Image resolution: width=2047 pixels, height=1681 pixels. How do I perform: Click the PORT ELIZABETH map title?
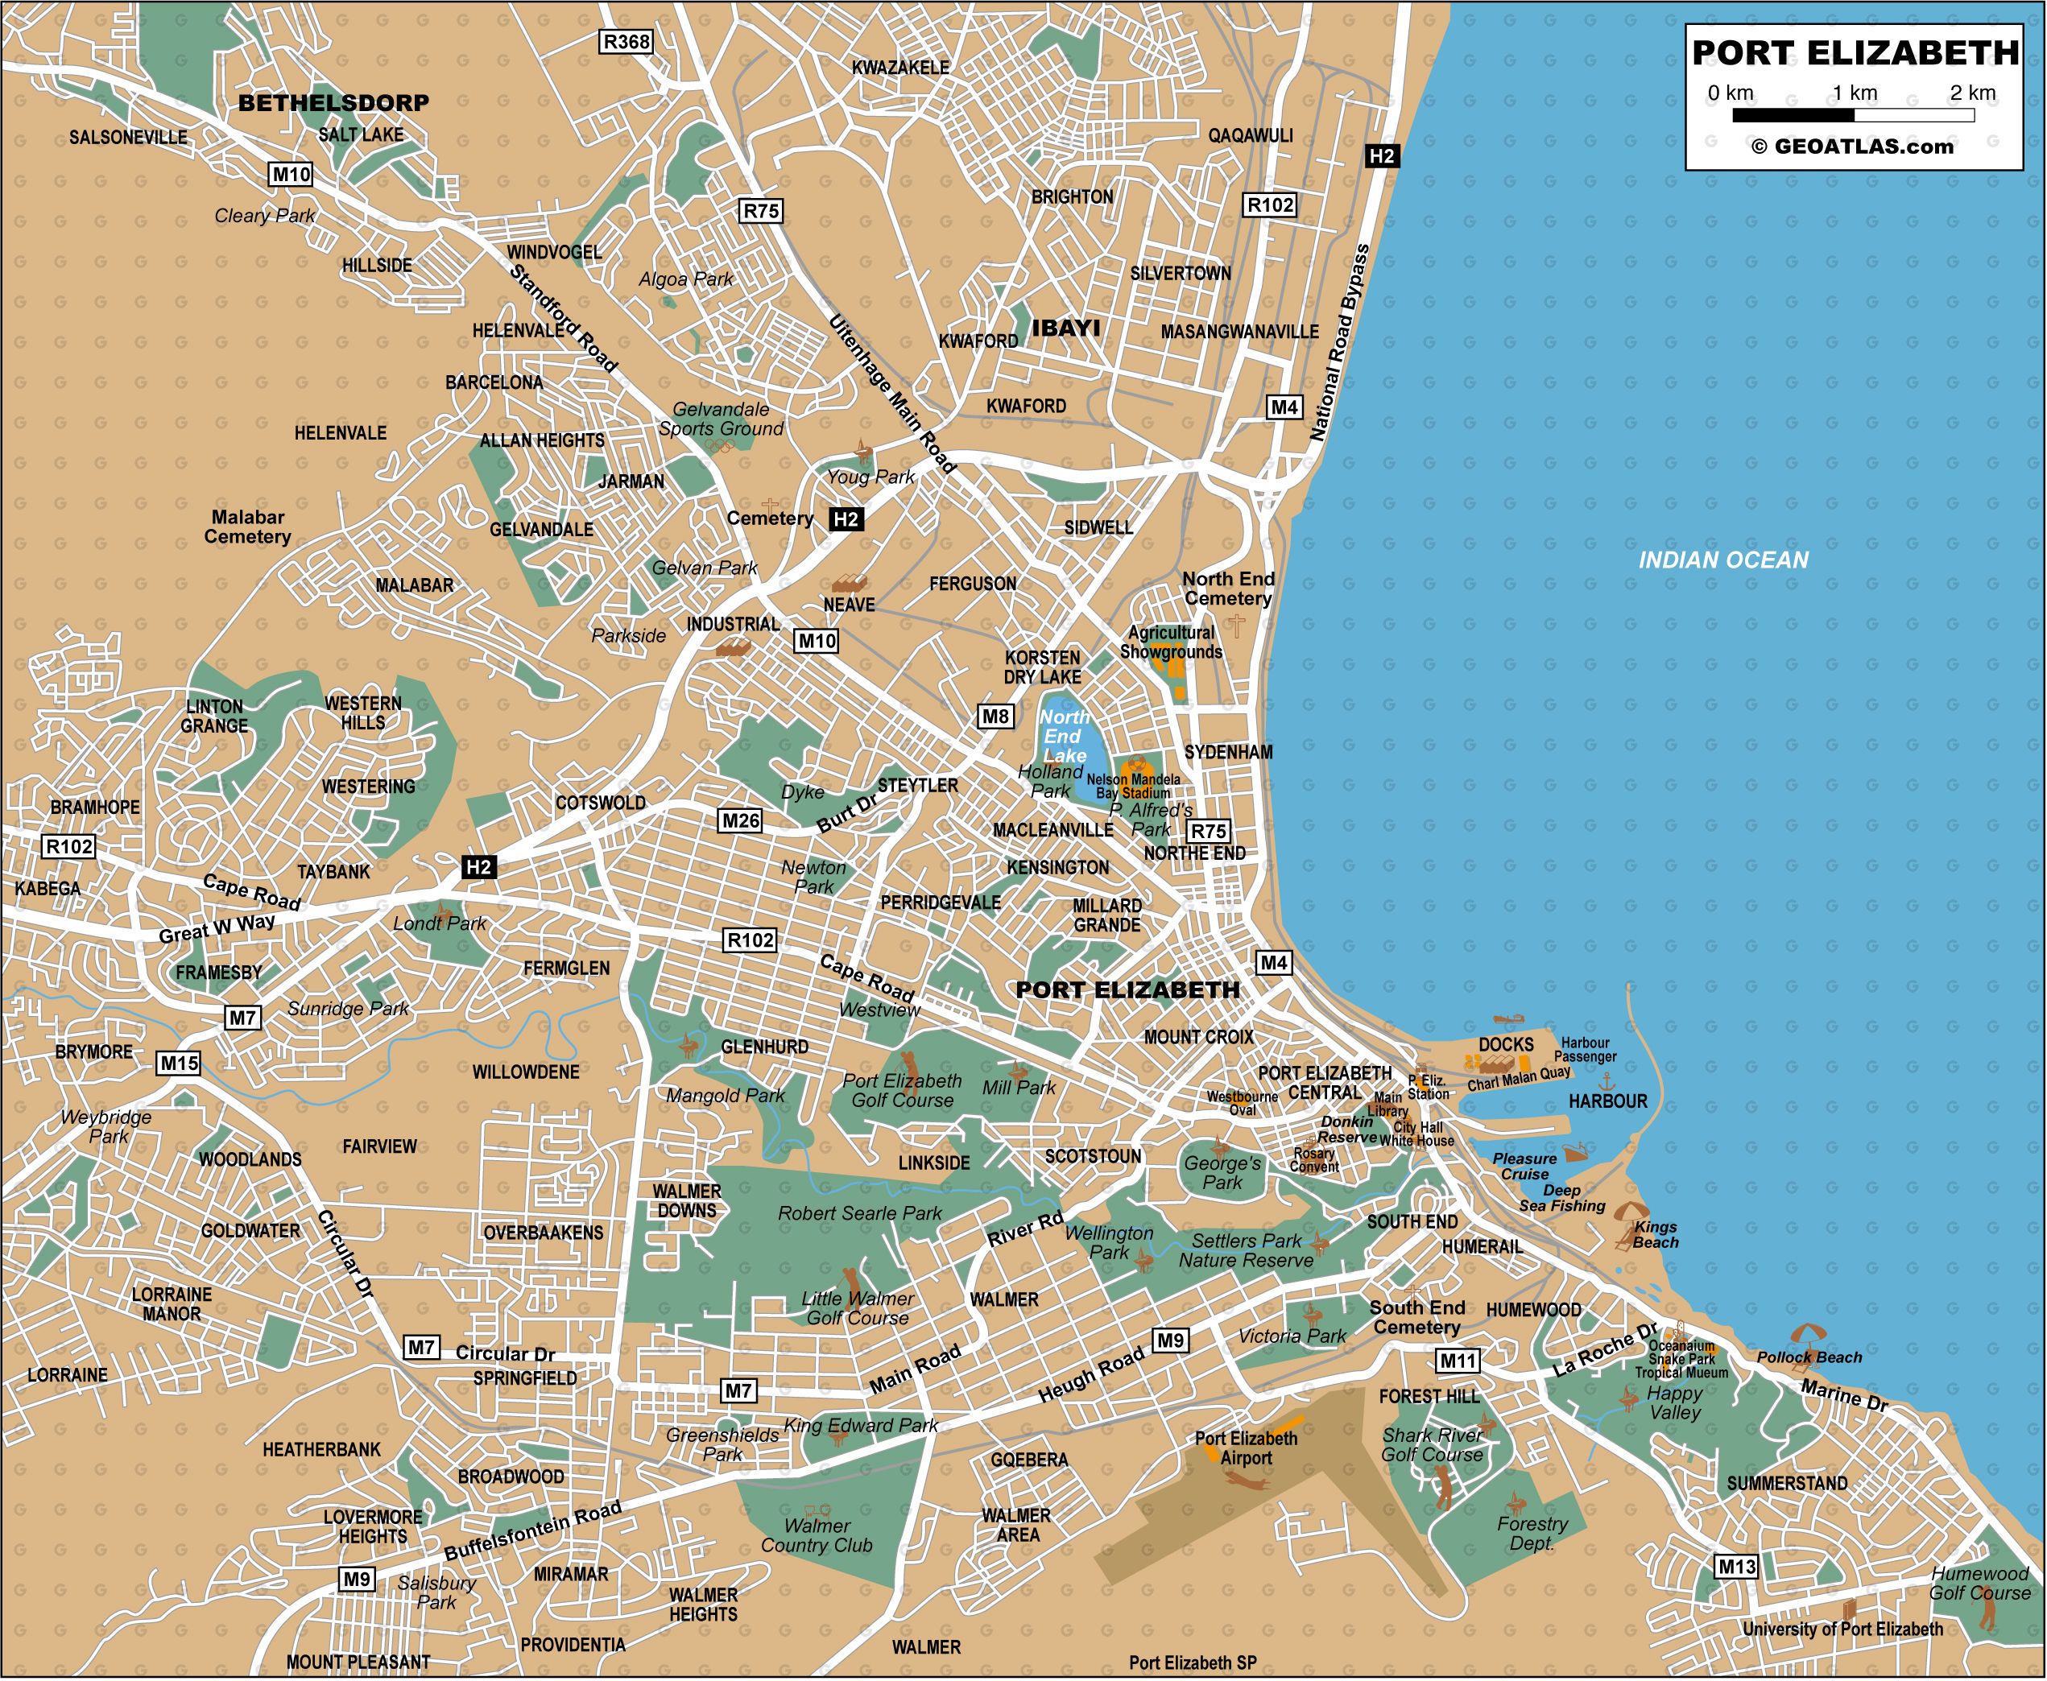[x=1855, y=52]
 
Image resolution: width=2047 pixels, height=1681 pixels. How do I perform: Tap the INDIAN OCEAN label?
[x=1722, y=560]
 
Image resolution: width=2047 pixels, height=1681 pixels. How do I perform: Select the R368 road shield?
[x=626, y=42]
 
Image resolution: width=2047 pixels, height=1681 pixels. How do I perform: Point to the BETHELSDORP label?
[x=333, y=101]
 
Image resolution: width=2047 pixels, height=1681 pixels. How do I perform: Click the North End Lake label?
[x=1065, y=736]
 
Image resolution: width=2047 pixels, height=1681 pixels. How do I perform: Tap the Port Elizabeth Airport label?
[x=1245, y=1448]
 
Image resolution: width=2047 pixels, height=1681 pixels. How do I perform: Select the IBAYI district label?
[x=1065, y=328]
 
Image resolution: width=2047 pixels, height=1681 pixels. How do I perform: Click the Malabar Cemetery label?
[x=247, y=527]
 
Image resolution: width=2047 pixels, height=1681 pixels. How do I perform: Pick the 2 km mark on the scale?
[x=1972, y=93]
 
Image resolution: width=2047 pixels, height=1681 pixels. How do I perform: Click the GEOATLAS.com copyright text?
[x=1851, y=147]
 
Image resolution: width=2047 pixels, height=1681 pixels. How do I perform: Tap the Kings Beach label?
[x=1655, y=1235]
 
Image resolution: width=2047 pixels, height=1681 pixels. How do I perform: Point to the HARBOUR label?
[x=1607, y=1101]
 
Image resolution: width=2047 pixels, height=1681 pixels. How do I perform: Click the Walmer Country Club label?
[x=817, y=1536]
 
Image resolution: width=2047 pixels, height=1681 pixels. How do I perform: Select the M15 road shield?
[x=179, y=1064]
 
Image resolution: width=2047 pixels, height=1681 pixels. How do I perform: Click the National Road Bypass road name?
[x=1339, y=344]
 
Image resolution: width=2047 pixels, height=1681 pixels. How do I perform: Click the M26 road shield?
[x=741, y=821]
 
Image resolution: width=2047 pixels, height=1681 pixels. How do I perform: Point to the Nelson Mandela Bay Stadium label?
[x=1133, y=785]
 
